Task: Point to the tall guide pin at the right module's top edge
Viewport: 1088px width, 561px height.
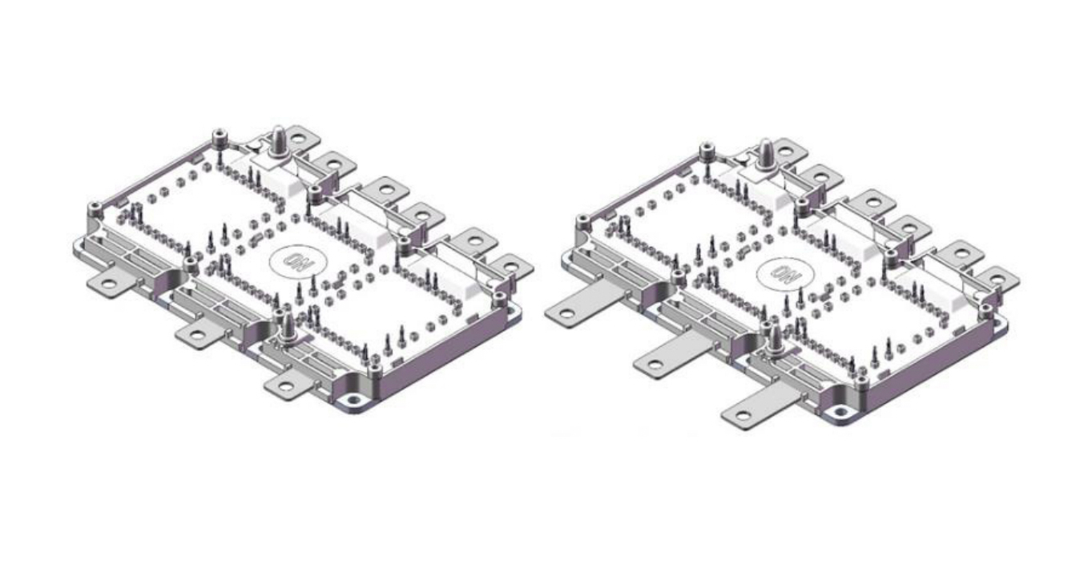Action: point(765,155)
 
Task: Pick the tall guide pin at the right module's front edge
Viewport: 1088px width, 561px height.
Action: point(774,341)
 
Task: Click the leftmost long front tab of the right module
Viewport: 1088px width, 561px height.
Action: point(583,302)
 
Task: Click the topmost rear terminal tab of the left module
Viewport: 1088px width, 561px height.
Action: point(300,139)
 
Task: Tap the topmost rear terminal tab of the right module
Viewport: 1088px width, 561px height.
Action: point(788,151)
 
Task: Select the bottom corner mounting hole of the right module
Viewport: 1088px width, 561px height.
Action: point(840,414)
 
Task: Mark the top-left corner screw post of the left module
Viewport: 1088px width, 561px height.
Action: point(220,137)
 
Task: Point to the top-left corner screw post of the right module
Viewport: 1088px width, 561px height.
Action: point(707,150)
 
